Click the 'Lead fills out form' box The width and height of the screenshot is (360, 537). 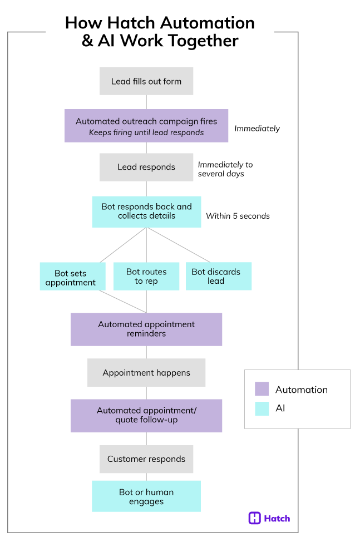(146, 81)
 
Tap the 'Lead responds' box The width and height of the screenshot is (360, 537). (146, 167)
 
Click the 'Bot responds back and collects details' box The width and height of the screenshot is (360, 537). (146, 211)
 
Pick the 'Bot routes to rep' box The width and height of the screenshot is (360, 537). (146, 276)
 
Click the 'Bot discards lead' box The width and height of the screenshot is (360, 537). (219, 276)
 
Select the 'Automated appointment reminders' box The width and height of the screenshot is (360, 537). (146, 329)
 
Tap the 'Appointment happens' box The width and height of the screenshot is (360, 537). (146, 372)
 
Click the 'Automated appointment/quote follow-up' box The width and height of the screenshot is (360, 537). (146, 415)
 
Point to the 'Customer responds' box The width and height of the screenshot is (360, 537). (146, 459)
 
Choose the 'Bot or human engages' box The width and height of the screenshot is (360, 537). (146, 496)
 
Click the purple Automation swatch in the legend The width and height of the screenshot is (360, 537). (262, 389)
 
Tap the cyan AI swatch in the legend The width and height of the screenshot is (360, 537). (262, 408)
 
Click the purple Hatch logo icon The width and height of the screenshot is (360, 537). (254, 518)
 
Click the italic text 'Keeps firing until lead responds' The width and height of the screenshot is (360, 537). (146, 132)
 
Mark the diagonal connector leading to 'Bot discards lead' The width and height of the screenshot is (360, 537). (178, 245)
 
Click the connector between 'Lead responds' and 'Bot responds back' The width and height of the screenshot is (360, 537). (146, 188)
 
